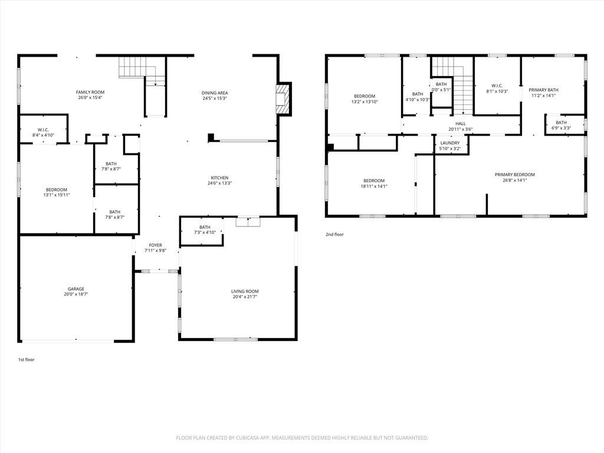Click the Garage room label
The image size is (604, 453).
[x=75, y=289]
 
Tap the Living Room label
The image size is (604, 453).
[x=244, y=291]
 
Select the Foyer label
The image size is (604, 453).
[x=155, y=245]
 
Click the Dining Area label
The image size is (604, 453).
[x=215, y=93]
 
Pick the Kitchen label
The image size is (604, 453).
[x=219, y=178]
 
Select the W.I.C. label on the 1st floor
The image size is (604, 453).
[x=43, y=130]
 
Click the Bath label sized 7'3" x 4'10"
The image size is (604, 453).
[x=205, y=227]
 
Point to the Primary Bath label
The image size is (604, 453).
[x=543, y=90]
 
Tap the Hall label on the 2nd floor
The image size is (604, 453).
[x=460, y=124]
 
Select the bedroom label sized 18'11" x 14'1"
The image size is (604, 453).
[x=374, y=180]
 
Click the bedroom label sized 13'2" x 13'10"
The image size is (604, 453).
[x=364, y=96]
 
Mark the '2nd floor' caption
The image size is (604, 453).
[x=334, y=235]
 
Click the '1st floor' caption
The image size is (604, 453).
[x=26, y=359]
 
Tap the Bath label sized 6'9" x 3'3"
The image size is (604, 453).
[x=561, y=123]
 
